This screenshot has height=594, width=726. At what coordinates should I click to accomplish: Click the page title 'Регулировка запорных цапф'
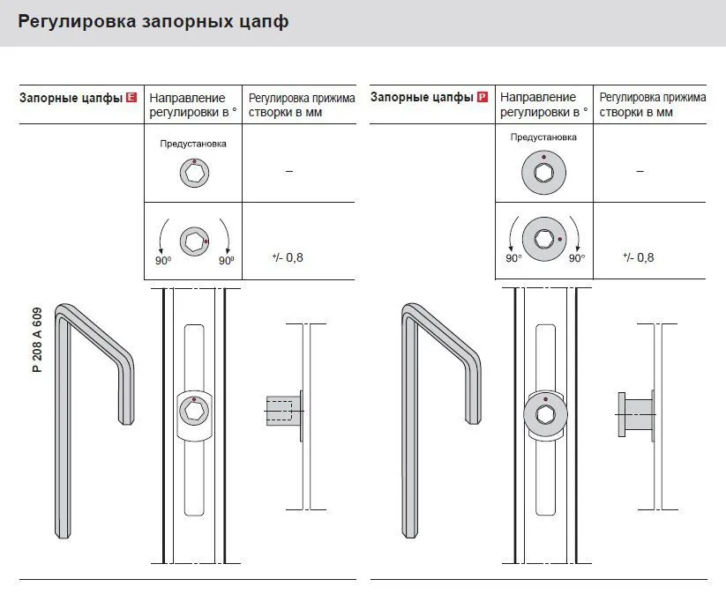(153, 22)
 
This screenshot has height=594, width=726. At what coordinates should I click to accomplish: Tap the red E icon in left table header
(131, 98)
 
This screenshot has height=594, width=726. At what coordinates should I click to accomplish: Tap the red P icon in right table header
(483, 98)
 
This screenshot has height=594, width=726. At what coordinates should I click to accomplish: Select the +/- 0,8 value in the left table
(288, 257)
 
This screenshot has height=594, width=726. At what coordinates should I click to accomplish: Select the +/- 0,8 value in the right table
(639, 257)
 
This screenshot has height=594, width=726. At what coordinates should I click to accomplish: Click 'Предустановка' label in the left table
(193, 144)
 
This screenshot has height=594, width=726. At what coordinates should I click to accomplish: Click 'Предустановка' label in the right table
(543, 137)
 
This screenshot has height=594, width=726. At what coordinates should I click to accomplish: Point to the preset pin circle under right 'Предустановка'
(544, 171)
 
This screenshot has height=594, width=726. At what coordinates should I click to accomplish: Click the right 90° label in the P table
(577, 258)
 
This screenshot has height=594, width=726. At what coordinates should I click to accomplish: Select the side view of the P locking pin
(635, 412)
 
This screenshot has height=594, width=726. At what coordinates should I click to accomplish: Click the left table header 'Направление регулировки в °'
(189, 104)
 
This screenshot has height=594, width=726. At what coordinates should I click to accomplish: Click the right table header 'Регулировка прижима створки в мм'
(652, 104)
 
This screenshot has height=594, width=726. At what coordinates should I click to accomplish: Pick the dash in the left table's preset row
(288, 171)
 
